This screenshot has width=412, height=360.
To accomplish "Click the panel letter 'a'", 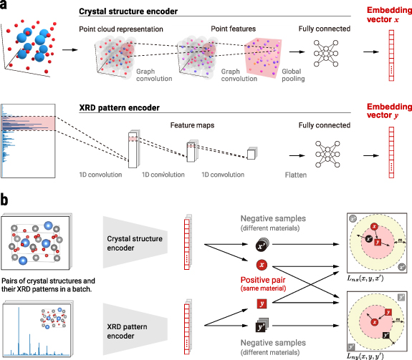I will tap(6, 7).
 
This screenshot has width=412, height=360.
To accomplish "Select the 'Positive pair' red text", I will tap(263, 280).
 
